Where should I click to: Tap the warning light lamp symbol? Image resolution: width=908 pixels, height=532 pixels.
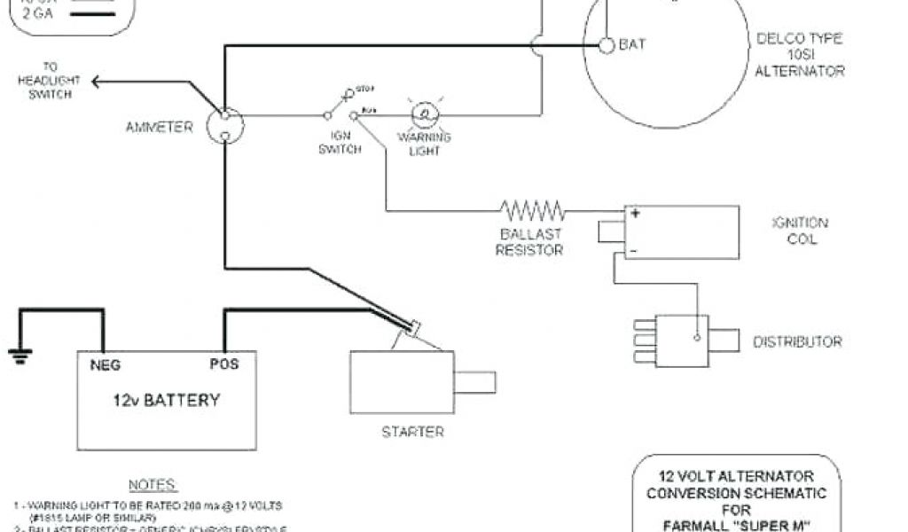(424, 114)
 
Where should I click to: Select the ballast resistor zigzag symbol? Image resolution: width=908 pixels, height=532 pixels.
(532, 210)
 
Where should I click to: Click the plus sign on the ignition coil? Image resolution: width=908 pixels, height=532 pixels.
(636, 214)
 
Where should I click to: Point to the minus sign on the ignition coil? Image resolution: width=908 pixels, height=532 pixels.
(634, 251)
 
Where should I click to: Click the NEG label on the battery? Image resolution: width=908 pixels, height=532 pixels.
(105, 364)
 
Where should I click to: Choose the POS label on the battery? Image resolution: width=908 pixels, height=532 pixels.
(223, 364)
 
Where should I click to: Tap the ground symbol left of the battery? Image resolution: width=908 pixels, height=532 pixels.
(19, 355)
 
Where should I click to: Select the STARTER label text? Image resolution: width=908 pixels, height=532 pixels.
(412, 432)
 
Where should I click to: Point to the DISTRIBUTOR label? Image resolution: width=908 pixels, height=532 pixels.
(797, 342)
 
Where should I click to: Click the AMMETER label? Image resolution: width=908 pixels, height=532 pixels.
(159, 128)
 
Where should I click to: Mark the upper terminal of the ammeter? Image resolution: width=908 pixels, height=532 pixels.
(224, 115)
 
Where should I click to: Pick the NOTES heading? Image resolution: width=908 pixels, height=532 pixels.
(153, 485)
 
